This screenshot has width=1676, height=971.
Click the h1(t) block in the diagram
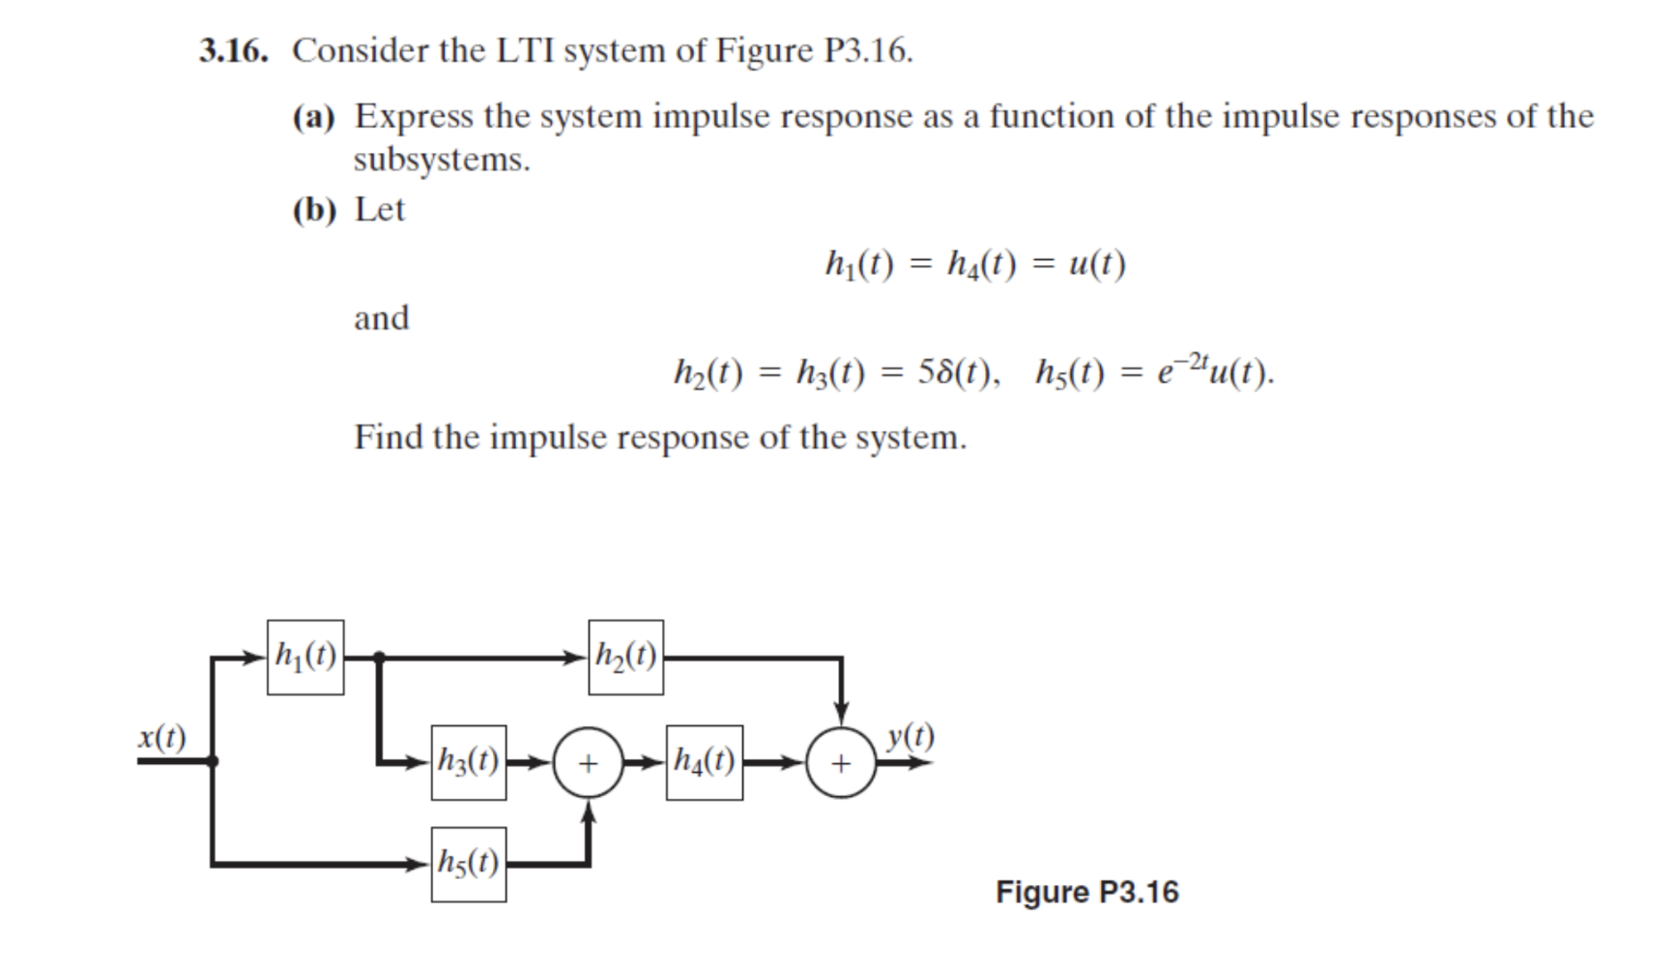point(305,658)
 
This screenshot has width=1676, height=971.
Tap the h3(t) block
point(469,763)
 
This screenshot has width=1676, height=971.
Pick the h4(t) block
point(705,763)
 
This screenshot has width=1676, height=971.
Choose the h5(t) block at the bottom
point(469,865)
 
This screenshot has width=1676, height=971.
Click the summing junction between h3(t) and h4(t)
point(588,763)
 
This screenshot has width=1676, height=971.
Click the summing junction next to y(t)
point(841,763)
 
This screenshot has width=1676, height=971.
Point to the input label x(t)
point(161,737)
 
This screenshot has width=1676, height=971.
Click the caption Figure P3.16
point(1087,892)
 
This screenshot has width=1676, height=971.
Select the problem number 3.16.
point(233,50)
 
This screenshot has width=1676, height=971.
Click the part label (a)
point(313,117)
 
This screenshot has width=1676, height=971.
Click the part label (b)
point(314,210)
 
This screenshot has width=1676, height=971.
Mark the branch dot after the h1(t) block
point(379,658)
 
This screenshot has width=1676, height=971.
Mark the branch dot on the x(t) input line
point(213,761)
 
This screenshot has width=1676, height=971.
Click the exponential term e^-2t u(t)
point(1214,371)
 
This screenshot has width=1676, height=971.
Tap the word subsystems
point(442,160)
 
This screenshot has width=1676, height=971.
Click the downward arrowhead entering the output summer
point(841,713)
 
